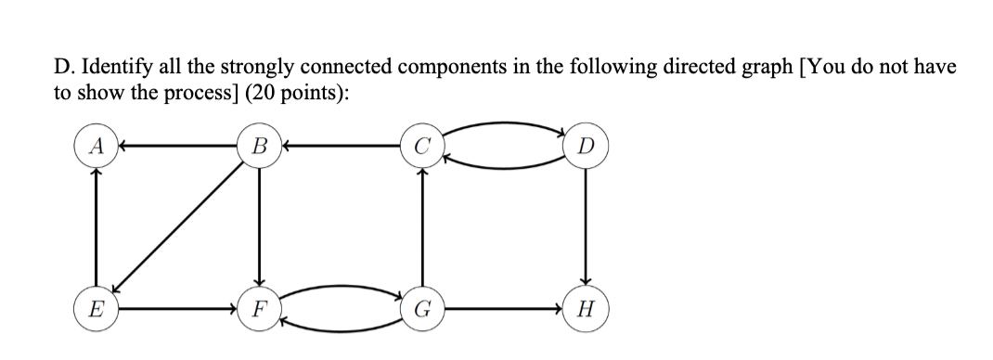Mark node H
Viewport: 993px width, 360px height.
point(585,305)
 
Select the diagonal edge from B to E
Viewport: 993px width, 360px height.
point(176,226)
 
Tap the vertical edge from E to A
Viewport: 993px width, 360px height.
point(93,227)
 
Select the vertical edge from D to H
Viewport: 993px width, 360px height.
point(585,227)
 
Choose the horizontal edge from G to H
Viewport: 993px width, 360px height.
point(502,305)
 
